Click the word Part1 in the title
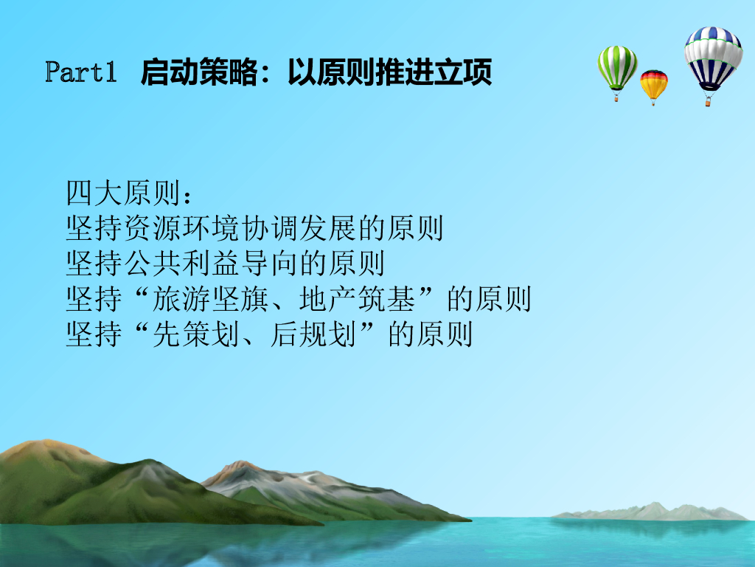pos(81,72)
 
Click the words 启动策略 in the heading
pos(199,72)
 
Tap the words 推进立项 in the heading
pos(434,72)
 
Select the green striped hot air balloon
pos(617,67)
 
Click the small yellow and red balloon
pos(653,84)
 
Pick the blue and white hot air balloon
pos(713,58)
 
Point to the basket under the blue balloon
pos(708,101)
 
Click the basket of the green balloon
pos(616,98)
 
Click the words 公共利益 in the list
pos(182,264)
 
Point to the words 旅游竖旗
pos(210,299)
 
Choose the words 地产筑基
pos(357,299)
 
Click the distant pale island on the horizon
pos(650,512)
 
